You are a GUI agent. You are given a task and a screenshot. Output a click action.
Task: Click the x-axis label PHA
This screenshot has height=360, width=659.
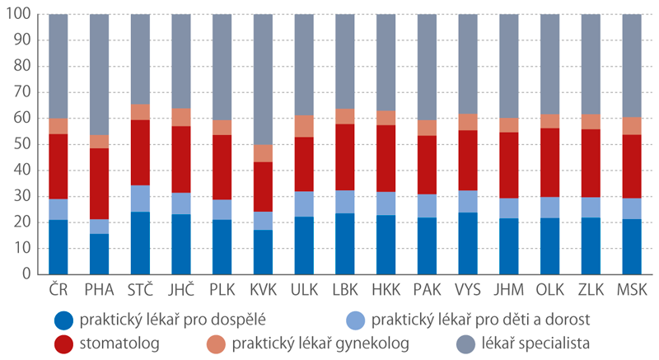(99, 291)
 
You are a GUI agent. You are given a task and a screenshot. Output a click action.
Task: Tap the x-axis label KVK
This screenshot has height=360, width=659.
(263, 291)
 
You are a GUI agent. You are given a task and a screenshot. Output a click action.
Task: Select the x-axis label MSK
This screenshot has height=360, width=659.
(632, 291)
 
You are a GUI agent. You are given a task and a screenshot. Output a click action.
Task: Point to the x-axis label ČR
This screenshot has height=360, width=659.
(58, 291)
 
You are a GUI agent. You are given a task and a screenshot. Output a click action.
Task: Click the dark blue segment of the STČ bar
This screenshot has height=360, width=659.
(140, 242)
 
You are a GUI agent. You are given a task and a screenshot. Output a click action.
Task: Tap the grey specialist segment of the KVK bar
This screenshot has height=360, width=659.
(263, 79)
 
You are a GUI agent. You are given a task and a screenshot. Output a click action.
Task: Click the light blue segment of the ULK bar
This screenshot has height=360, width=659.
(304, 203)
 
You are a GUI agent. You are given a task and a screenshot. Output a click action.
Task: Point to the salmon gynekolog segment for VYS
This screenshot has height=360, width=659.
(468, 122)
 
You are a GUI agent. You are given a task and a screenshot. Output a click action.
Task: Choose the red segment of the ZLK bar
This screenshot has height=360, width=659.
(591, 163)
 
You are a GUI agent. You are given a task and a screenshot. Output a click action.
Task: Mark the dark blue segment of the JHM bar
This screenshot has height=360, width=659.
(509, 245)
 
